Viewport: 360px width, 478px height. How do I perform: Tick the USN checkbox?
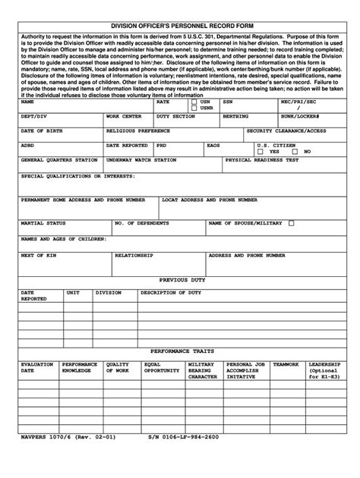[x=194, y=101]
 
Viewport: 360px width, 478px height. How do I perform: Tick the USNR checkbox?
[x=194, y=108]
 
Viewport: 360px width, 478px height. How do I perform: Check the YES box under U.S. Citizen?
[x=263, y=151]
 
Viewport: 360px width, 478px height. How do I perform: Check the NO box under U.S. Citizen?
[x=297, y=151]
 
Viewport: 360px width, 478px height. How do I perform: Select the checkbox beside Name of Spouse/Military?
[x=291, y=224]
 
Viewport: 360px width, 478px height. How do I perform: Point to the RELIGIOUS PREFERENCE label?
[x=137, y=131]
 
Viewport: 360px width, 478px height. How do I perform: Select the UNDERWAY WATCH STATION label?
[x=141, y=160]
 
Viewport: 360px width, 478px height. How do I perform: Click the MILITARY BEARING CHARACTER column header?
[x=202, y=370]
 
